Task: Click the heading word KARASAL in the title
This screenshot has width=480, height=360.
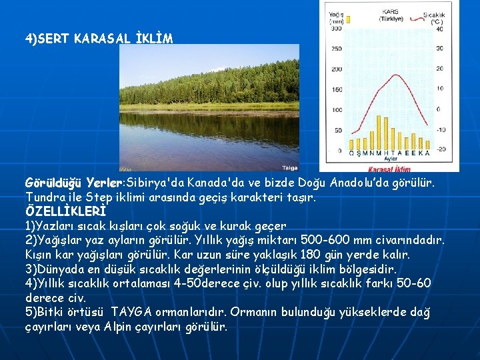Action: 96,39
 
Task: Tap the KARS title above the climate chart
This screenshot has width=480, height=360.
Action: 390,11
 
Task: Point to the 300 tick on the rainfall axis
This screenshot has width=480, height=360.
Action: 337,29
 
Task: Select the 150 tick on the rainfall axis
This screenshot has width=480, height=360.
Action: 337,89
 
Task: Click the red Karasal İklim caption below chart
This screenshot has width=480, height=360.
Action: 391,168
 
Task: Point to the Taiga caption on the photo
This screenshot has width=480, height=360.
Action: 290,168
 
